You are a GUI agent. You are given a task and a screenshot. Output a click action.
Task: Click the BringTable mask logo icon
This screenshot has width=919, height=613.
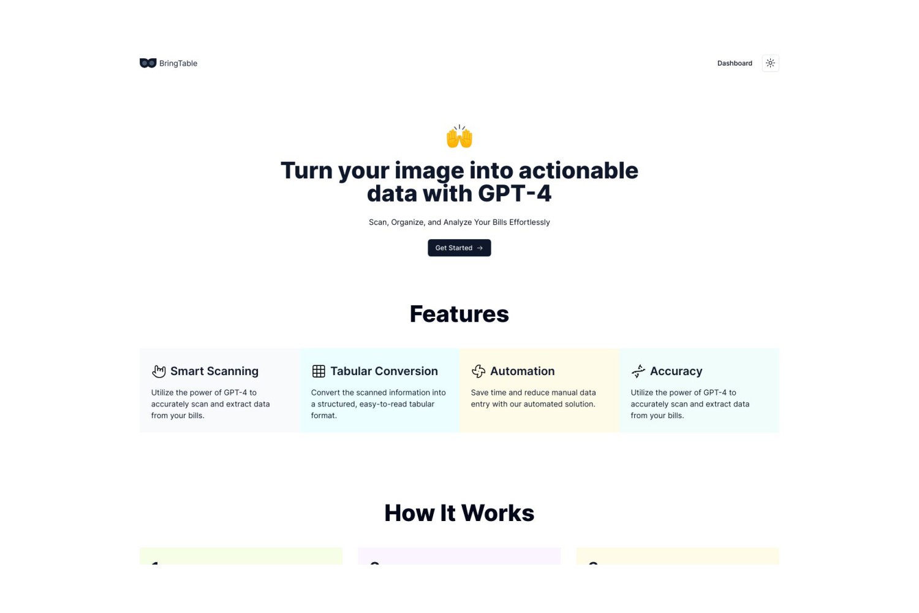pyautogui.click(x=148, y=63)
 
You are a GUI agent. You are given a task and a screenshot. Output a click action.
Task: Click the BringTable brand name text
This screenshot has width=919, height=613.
pyautogui.click(x=178, y=63)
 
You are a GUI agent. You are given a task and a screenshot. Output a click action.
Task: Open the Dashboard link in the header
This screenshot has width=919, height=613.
pyautogui.click(x=735, y=63)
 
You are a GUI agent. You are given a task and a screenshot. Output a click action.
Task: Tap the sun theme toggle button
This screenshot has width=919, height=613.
pyautogui.click(x=770, y=63)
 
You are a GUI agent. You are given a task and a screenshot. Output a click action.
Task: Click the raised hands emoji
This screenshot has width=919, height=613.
pyautogui.click(x=459, y=136)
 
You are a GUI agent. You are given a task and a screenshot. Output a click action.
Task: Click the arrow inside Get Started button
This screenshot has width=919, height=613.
pyautogui.click(x=480, y=248)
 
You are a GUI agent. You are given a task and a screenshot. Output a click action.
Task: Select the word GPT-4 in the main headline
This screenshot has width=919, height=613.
pyautogui.click(x=515, y=193)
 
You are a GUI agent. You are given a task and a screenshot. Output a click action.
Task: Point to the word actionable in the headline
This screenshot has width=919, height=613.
pyautogui.click(x=578, y=170)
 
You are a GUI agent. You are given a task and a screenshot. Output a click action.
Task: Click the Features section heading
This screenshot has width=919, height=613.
pyautogui.click(x=459, y=314)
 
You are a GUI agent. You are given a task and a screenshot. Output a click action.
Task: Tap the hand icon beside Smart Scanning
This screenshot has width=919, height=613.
pyautogui.click(x=159, y=371)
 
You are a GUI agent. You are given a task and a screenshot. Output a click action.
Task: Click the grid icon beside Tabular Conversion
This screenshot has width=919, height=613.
pyautogui.click(x=319, y=371)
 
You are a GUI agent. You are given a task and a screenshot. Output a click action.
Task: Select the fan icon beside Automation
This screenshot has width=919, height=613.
pyautogui.click(x=478, y=371)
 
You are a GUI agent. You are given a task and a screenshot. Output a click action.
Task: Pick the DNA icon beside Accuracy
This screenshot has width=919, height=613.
pyautogui.click(x=638, y=371)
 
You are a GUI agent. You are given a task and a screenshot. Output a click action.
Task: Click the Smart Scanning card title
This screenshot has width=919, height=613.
pyautogui.click(x=214, y=371)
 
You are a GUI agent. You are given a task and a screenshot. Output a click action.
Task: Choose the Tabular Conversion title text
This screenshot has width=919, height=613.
pyautogui.click(x=384, y=371)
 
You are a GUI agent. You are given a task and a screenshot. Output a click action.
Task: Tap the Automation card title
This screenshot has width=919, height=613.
pyautogui.click(x=522, y=371)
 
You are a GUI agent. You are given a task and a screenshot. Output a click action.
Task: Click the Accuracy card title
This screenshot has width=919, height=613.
pyautogui.click(x=676, y=371)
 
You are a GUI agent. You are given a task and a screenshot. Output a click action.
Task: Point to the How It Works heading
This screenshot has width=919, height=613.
pyautogui.click(x=459, y=513)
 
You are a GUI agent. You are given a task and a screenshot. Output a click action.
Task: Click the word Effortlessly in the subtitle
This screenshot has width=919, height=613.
pyautogui.click(x=529, y=222)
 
